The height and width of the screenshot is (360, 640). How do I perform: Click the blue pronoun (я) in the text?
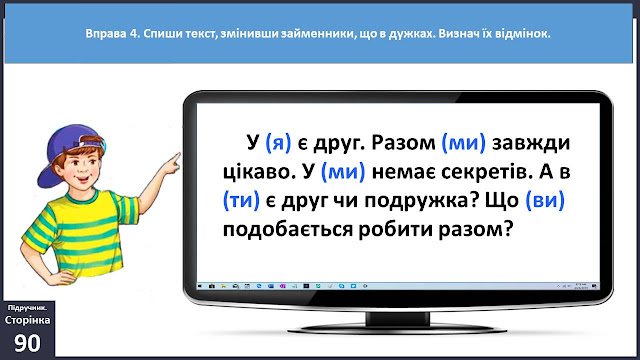click(278, 143)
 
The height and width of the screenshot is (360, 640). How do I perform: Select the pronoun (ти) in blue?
click(241, 200)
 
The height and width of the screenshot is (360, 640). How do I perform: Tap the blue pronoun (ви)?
click(545, 200)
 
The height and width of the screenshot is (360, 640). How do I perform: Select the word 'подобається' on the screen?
click(288, 230)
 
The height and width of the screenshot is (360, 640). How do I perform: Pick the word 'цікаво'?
click(259, 172)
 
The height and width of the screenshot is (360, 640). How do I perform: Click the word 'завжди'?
click(531, 144)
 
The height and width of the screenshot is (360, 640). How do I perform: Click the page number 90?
click(27, 343)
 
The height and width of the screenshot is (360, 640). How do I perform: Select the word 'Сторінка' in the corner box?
click(27, 320)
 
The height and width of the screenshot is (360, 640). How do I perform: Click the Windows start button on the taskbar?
click(200, 287)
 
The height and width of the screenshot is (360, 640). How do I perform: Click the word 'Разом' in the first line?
click(404, 143)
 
